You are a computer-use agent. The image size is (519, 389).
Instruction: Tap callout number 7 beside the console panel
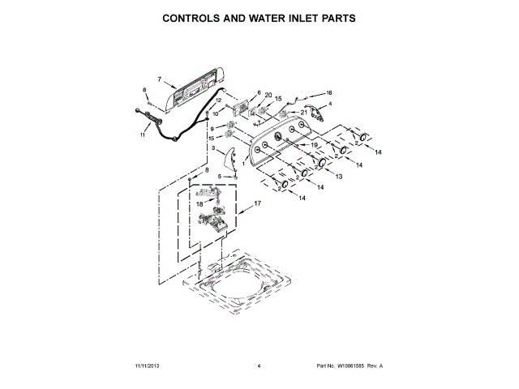pyautogui.click(x=160, y=80)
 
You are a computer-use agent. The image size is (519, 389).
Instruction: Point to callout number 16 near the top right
pyautogui.click(x=329, y=92)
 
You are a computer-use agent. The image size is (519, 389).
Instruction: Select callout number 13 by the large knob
pyautogui.click(x=338, y=177)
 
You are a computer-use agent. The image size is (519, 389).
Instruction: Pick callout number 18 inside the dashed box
pyautogui.click(x=199, y=204)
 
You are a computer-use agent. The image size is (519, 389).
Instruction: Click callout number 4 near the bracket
pyautogui.click(x=331, y=104)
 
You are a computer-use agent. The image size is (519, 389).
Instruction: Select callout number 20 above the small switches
pyautogui.click(x=268, y=95)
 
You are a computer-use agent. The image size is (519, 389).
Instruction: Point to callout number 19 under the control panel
pyautogui.click(x=305, y=145)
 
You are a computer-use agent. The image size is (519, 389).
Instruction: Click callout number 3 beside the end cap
pyautogui.click(x=213, y=149)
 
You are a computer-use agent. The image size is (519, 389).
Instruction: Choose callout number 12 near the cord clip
pyautogui.click(x=218, y=100)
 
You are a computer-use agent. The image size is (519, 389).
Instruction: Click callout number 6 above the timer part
pyautogui.click(x=259, y=93)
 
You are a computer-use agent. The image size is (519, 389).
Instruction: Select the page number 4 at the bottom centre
pyautogui.click(x=259, y=365)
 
